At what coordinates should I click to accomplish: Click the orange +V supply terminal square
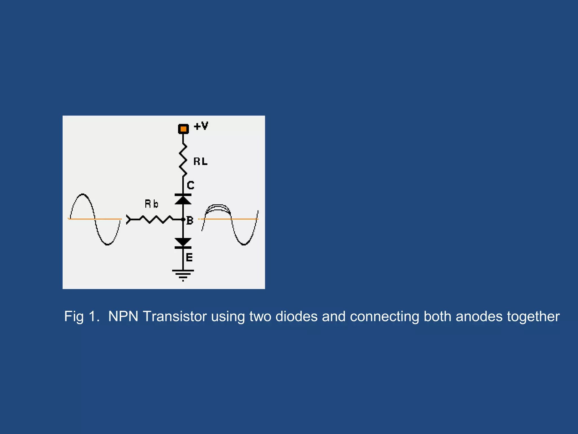pyautogui.click(x=183, y=129)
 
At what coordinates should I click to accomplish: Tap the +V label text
pyautogui.click(x=201, y=126)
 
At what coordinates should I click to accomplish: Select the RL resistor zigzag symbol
pyautogui.click(x=183, y=160)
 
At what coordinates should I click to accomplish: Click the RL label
pyautogui.click(x=200, y=162)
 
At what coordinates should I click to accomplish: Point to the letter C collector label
pyautogui.click(x=191, y=185)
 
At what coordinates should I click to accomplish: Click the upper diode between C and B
pyautogui.click(x=183, y=199)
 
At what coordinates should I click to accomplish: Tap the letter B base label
pyautogui.click(x=190, y=220)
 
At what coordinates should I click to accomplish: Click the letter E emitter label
pyautogui.click(x=189, y=257)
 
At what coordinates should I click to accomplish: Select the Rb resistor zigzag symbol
pyautogui.click(x=156, y=219)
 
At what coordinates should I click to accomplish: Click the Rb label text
pyautogui.click(x=152, y=204)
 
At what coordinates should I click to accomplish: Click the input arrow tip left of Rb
pyautogui.click(x=128, y=219)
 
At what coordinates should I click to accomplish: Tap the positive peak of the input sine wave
pyautogui.click(x=82, y=194)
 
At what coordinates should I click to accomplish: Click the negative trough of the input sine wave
pyautogui.click(x=107, y=244)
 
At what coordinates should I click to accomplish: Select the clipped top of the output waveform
pyautogui.click(x=218, y=207)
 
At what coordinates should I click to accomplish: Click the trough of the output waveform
pyautogui.click(x=244, y=244)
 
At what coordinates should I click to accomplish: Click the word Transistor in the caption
pyautogui.click(x=175, y=316)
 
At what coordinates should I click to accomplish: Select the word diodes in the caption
pyautogui.click(x=296, y=316)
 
